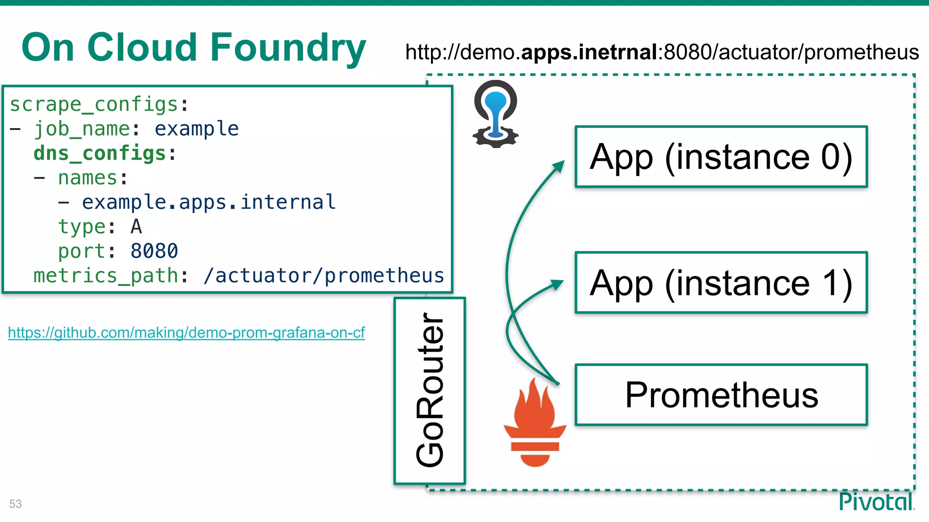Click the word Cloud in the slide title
point(142,48)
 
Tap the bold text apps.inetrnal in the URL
point(589,52)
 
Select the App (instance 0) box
point(721,157)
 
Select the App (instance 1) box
point(721,283)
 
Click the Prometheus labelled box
point(721,395)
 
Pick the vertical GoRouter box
point(430,390)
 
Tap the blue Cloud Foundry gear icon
point(495,114)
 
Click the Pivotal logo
point(876,502)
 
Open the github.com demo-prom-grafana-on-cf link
point(186,333)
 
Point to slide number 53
point(15,503)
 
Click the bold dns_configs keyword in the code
point(100,153)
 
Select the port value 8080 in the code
point(154,251)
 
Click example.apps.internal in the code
point(209,202)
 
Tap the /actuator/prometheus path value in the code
point(324,275)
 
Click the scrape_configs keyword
point(94,104)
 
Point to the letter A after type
point(136,227)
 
